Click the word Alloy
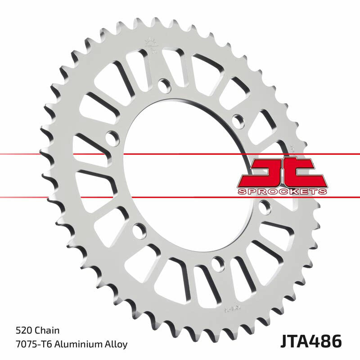114,344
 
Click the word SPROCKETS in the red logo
282,192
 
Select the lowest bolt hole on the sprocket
219,261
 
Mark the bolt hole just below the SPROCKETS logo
265,207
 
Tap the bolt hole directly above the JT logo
238,119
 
